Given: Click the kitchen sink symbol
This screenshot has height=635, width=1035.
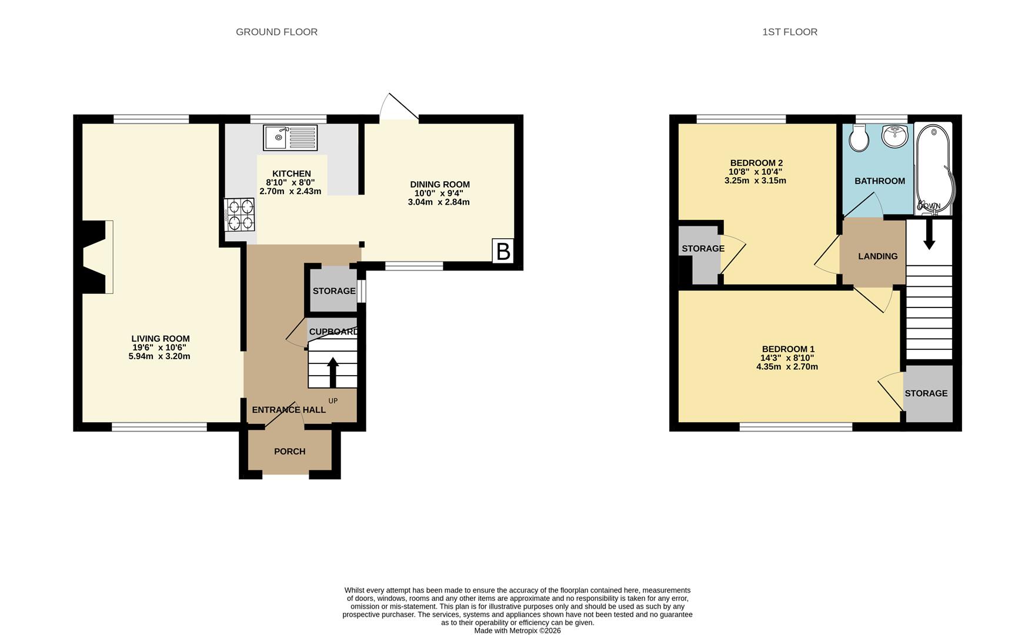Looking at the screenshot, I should point(290,138).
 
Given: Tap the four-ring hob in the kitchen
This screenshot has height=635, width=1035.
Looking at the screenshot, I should point(240,215).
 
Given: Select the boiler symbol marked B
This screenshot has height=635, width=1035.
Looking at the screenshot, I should point(503,251).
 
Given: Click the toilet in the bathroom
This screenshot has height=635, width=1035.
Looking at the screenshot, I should point(859,139).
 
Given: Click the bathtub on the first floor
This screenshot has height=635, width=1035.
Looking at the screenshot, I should point(934,168).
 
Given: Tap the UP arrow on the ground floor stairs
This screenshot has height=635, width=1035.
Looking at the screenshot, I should point(333,372).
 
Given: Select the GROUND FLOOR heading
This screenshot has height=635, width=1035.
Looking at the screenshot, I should point(276,32).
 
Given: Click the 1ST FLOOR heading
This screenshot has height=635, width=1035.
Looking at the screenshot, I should point(789,32).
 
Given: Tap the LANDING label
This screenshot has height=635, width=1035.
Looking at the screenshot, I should point(877,256).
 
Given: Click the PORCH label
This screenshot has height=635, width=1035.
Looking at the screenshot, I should point(289,452).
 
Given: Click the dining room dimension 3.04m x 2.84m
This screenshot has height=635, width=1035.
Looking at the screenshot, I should point(439,202).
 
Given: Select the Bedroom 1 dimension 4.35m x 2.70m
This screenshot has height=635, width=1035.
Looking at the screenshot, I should point(787,367).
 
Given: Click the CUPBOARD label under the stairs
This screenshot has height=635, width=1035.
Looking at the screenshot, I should point(333,332).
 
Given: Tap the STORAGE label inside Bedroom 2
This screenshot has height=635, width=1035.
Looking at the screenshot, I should point(703,249).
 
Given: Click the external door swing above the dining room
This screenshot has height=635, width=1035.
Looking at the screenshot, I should point(399,108).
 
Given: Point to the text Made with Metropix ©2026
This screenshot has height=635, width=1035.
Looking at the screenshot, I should point(517,630).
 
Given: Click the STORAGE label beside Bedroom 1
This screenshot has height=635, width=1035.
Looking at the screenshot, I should point(926,393).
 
